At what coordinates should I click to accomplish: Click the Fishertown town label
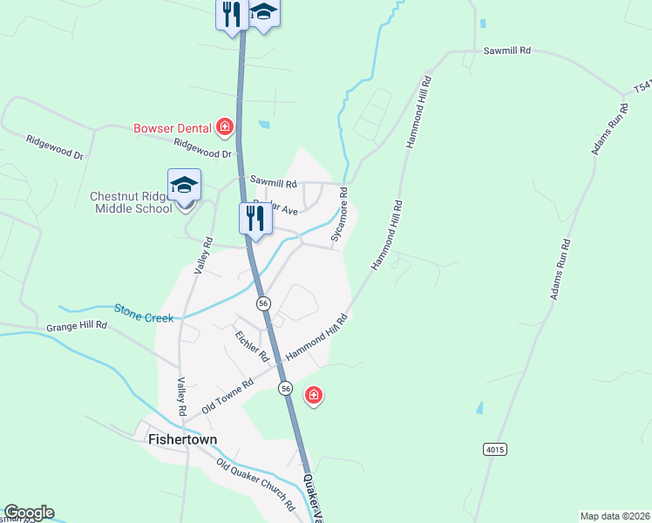[182, 439]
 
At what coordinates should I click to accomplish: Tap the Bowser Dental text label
[173, 128]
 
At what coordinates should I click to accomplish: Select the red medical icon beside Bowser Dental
[225, 128]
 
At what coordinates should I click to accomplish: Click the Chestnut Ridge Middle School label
[131, 202]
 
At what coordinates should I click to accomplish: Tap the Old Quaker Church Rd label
[255, 485]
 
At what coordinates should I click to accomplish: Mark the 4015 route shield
[494, 449]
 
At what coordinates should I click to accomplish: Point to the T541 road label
[642, 87]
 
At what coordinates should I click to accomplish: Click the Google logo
[29, 513]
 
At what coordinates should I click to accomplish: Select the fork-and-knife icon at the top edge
[231, 15]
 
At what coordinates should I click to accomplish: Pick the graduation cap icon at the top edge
[263, 13]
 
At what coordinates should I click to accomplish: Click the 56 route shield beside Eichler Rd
[263, 302]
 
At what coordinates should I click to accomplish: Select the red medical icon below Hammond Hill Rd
[314, 397]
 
